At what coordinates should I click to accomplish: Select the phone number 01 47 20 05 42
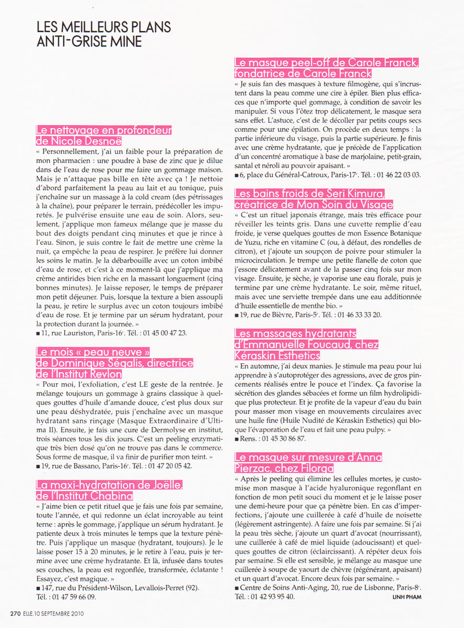pyautogui.click(x=170, y=465)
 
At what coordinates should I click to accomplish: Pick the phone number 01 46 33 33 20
pyautogui.click(x=359, y=315)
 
